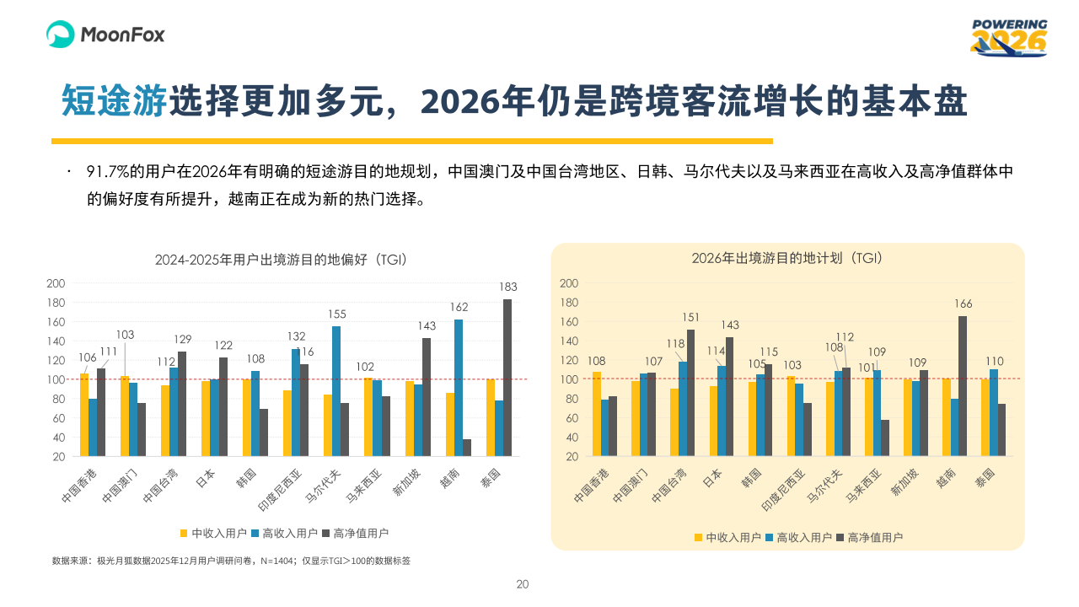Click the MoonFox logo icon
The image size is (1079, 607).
pyautogui.click(x=62, y=35)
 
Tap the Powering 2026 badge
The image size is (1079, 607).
pyautogui.click(x=1009, y=38)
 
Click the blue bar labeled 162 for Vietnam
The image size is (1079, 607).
pyautogui.click(x=459, y=387)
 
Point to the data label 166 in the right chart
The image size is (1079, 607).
pyautogui.click(x=963, y=303)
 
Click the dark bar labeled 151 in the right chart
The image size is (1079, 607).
pyautogui.click(x=690, y=392)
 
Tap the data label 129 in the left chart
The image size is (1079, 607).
pyautogui.click(x=183, y=339)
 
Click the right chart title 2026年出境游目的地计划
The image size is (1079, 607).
pyautogui.click(x=786, y=258)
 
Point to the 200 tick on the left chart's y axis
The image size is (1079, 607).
pyautogui.click(x=56, y=283)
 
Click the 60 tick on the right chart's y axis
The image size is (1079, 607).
pyautogui.click(x=570, y=418)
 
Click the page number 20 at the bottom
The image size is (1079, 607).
pyautogui.click(x=523, y=584)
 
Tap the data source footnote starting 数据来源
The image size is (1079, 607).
pyautogui.click(x=231, y=561)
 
